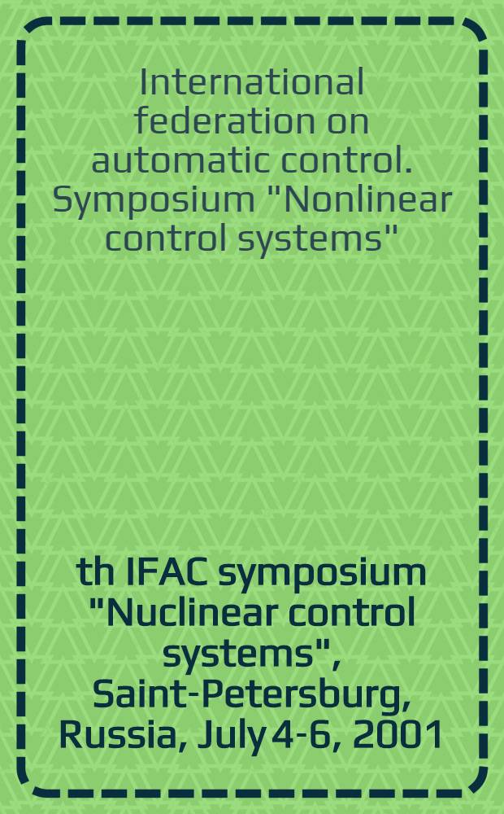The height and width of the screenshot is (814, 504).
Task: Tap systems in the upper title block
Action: (x=310, y=236)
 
